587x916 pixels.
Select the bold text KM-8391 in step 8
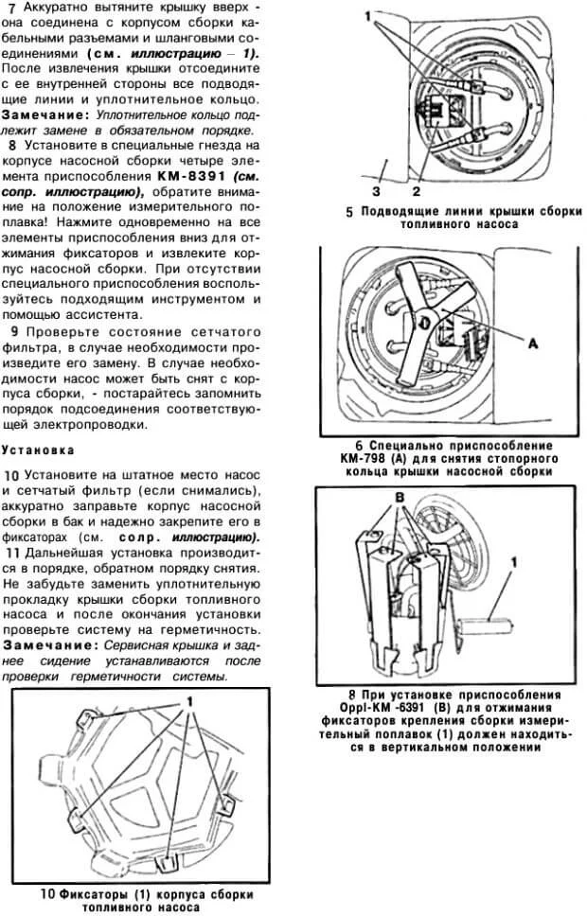[192, 176]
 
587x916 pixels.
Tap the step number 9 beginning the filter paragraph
[11, 331]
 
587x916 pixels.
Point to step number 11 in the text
[12, 552]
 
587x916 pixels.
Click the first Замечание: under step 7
[44, 114]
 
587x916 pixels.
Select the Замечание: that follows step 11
[44, 643]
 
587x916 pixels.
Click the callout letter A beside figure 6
[531, 344]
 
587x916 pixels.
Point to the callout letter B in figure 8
[399, 496]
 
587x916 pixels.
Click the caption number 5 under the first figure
[349, 212]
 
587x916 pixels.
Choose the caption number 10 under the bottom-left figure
[46, 892]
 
